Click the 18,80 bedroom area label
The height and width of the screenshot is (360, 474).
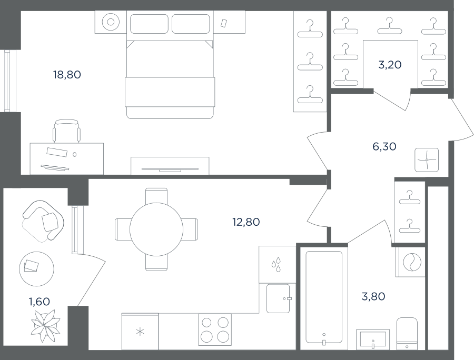click(x=67, y=74)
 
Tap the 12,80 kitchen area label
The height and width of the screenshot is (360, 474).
click(x=246, y=222)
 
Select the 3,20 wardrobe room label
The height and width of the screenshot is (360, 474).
click(x=390, y=65)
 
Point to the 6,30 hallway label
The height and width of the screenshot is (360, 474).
click(x=384, y=146)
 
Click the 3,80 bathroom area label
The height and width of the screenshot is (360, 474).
click(x=373, y=296)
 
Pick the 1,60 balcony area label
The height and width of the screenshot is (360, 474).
click(x=39, y=302)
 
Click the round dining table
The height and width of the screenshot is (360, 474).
click(x=156, y=229)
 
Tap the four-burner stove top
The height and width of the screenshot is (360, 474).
click(x=215, y=329)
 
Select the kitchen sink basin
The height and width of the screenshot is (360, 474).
click(x=278, y=298)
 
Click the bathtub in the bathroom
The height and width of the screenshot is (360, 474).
click(x=324, y=297)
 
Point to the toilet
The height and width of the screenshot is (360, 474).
click(x=407, y=334)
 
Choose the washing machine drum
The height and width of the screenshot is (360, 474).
click(x=412, y=262)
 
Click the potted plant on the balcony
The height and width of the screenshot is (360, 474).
click(x=46, y=326)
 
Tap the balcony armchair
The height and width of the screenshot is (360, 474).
click(x=43, y=221)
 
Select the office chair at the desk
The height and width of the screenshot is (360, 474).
click(x=67, y=131)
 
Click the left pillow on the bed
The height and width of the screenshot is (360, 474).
click(x=150, y=24)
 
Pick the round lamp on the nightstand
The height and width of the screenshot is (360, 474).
click(x=111, y=22)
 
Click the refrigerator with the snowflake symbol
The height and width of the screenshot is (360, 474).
click(x=140, y=332)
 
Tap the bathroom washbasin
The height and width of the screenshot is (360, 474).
click(x=373, y=339)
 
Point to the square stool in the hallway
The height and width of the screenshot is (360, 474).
click(x=427, y=160)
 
